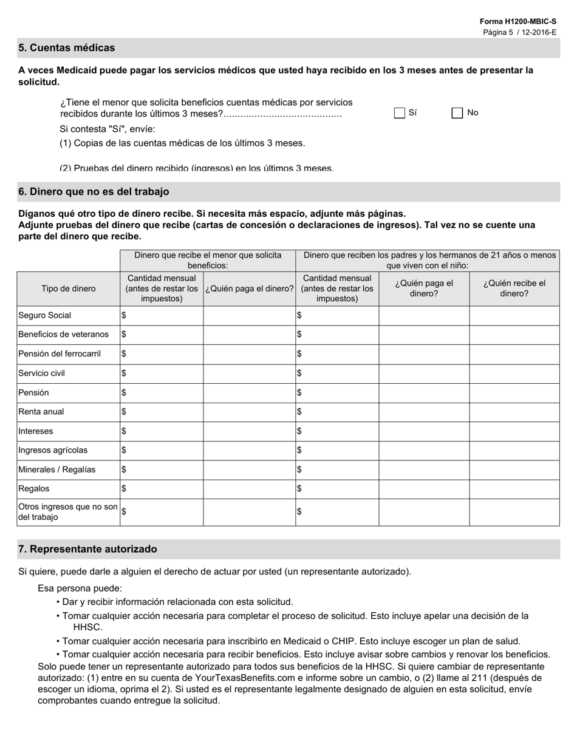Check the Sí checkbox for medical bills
point(399,113)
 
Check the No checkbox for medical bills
point(457,113)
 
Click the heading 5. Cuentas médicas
point(66,48)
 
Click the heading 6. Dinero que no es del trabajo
point(94,192)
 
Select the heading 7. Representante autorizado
point(87,549)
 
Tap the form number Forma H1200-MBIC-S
point(517,21)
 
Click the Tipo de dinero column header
point(68,288)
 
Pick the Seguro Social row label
point(45,315)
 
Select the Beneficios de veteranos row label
point(64,335)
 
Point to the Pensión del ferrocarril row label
point(60,354)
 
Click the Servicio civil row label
point(42,373)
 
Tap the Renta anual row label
point(41,412)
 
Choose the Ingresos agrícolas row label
point(53,451)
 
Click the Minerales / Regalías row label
point(57,470)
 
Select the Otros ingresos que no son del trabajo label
point(68,512)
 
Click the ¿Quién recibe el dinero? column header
point(514,288)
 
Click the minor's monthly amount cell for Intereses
point(162,431)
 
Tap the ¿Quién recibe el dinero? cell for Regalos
point(514,489)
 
